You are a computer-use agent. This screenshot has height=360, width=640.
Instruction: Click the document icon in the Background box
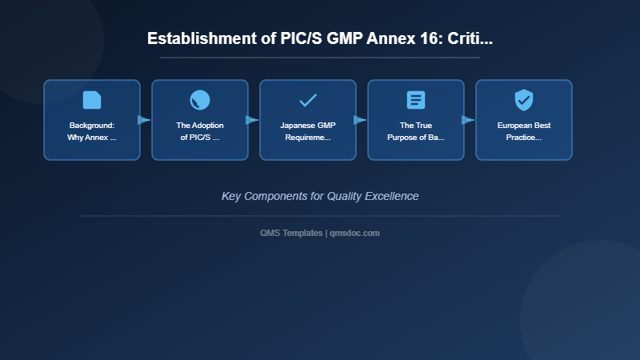(x=92, y=100)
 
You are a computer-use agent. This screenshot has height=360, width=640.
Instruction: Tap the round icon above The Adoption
(x=200, y=100)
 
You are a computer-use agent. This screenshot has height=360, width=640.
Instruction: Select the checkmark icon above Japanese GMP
(x=308, y=100)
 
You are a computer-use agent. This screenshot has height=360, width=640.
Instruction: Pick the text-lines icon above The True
(x=416, y=100)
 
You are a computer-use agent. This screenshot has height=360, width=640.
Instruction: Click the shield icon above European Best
(x=524, y=100)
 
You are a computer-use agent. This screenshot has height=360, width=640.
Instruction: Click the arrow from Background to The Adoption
(x=144, y=120)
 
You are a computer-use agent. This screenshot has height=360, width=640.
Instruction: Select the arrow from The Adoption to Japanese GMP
(x=252, y=120)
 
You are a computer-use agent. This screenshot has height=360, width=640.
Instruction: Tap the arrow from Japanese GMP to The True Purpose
(x=360, y=120)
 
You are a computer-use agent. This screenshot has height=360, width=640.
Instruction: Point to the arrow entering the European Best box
(x=468, y=120)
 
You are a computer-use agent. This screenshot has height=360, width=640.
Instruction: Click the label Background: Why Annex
(x=92, y=131)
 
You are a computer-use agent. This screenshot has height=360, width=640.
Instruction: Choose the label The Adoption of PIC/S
(x=200, y=131)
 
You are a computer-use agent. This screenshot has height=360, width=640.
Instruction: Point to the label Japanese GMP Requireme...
(x=308, y=131)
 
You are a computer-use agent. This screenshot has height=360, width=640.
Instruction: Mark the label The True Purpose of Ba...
(x=416, y=131)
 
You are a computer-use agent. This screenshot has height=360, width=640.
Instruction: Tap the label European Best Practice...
(x=524, y=131)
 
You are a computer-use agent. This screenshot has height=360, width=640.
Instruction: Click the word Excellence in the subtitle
(x=390, y=196)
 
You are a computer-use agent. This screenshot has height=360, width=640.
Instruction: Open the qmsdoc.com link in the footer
(x=355, y=233)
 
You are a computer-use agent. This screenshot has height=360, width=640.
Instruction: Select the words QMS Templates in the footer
(x=292, y=233)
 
